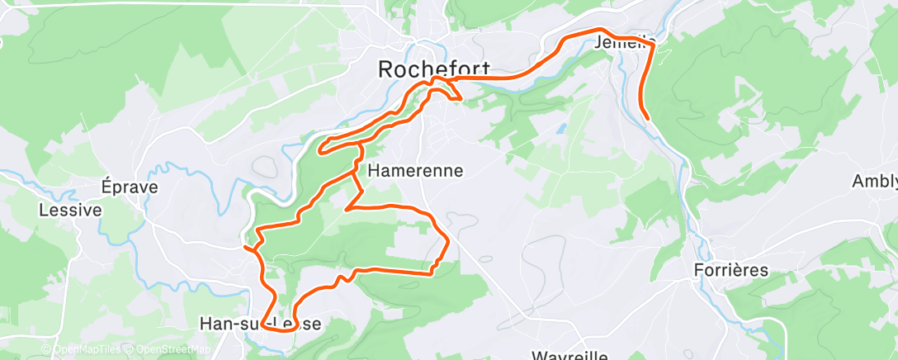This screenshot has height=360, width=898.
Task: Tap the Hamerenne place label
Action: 415,171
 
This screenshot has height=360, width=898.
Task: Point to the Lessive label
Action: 70,211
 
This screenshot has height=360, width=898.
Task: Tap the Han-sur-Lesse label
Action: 260,324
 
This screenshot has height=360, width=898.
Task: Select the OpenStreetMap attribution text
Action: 168,350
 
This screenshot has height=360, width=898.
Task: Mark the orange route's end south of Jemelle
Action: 649,118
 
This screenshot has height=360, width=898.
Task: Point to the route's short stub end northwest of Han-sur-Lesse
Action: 245,246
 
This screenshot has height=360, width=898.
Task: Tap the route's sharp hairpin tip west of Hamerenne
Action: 320,149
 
